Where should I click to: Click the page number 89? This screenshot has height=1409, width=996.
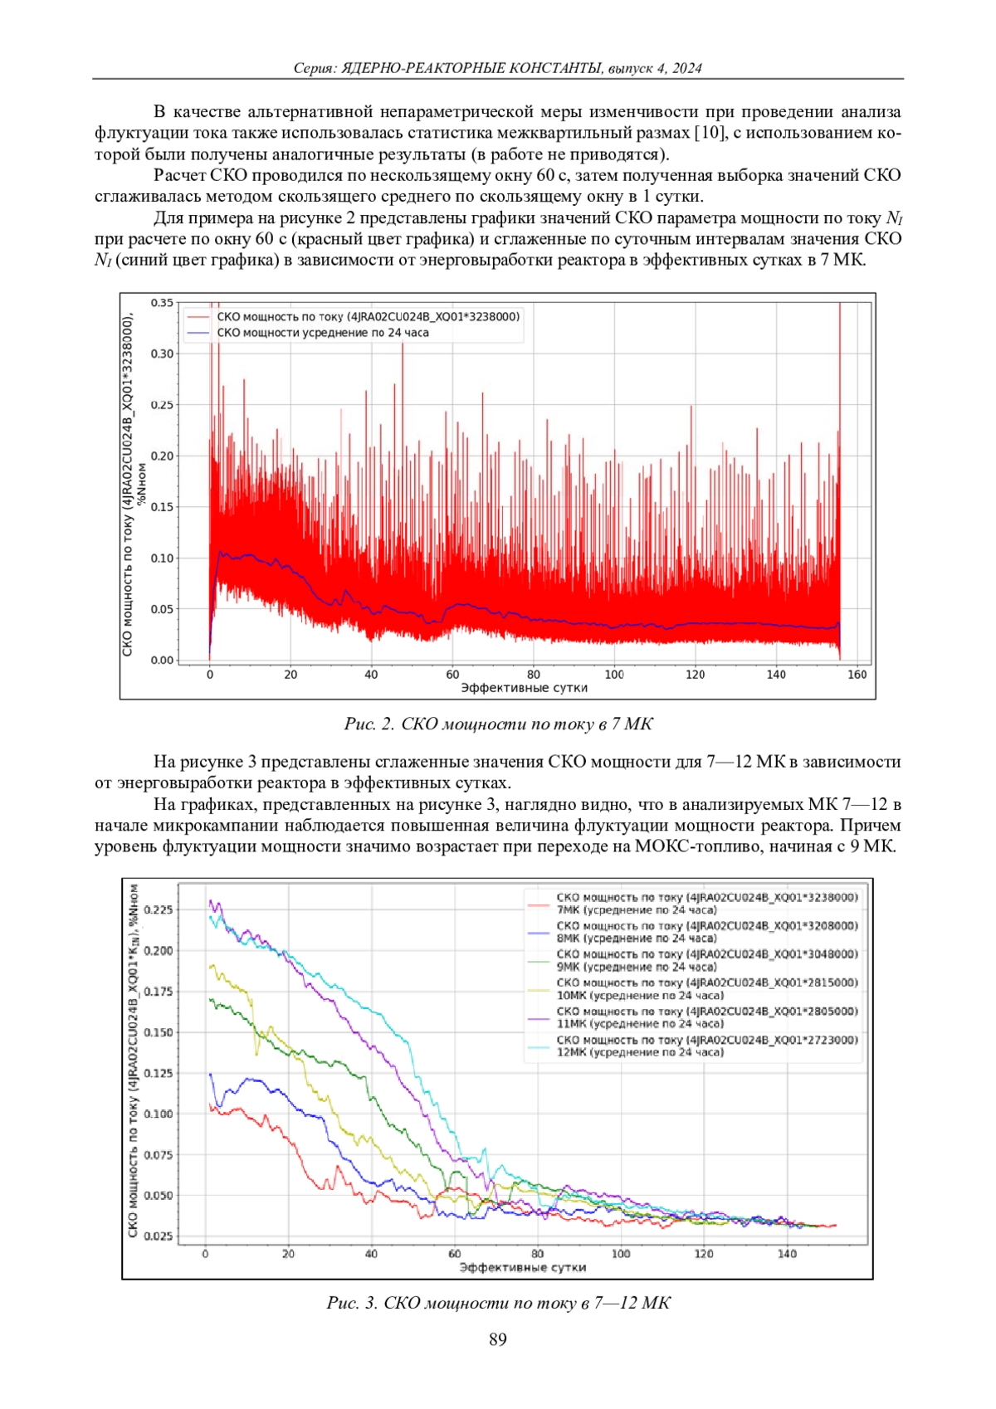tap(498, 1338)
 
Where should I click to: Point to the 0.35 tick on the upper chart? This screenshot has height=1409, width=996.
tap(162, 303)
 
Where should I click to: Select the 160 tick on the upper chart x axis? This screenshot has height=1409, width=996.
tap(857, 675)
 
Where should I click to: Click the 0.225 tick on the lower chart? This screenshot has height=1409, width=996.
tap(158, 909)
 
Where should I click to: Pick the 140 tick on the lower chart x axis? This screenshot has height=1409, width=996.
tap(787, 1254)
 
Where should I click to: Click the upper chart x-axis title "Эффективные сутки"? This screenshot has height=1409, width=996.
tap(524, 688)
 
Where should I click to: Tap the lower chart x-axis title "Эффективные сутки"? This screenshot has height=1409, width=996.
tap(522, 1267)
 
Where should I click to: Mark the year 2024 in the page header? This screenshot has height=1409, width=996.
tap(686, 68)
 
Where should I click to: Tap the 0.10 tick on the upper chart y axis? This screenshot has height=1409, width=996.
tap(162, 558)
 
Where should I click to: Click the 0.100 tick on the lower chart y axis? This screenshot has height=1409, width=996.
tap(158, 1114)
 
